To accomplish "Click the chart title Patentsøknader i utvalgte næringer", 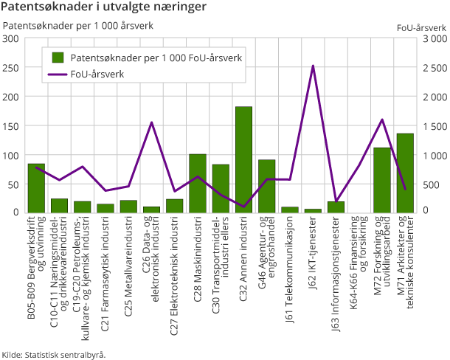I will point(103,8).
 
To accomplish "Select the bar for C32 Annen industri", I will point(243,159).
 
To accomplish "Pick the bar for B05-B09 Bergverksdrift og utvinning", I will point(36,188).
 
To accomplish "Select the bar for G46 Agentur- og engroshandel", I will point(266,186).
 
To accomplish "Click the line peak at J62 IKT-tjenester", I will point(313,66).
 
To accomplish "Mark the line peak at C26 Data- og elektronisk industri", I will point(151,122).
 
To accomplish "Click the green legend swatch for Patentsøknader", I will point(56,57).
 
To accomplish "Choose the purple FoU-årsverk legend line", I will point(56,74).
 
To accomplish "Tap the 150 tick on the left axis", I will point(12,126).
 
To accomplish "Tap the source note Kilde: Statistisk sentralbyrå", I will point(54,354).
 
